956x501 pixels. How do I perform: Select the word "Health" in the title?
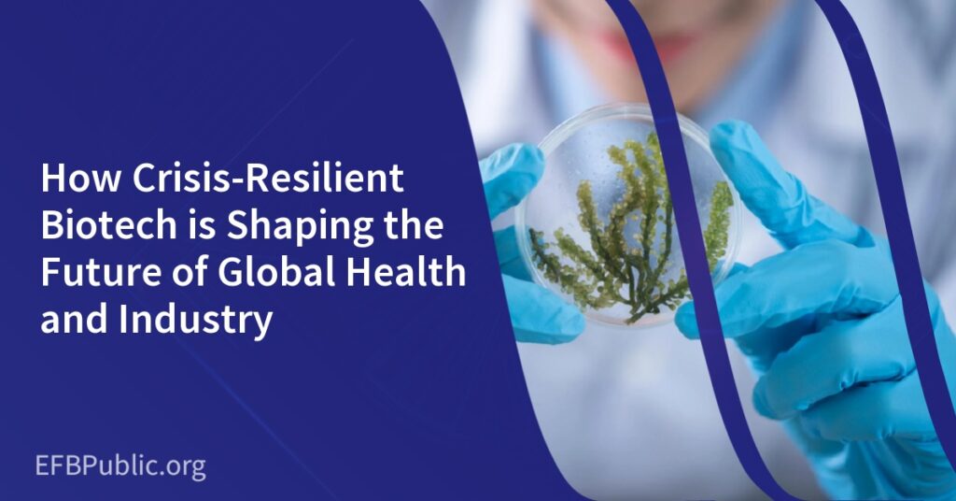(x=407, y=272)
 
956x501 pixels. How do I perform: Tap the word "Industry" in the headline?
(x=195, y=321)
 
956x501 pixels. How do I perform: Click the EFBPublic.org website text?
(x=120, y=467)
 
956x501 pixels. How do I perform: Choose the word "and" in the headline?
(x=73, y=319)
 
